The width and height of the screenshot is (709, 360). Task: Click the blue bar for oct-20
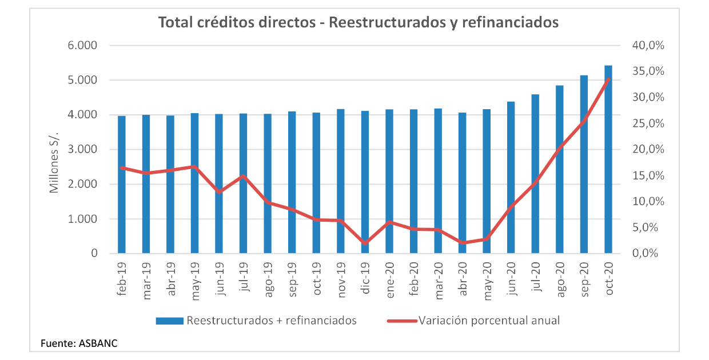click(x=608, y=160)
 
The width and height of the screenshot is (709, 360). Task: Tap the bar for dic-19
click(x=365, y=182)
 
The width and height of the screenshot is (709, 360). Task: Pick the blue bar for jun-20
click(x=511, y=178)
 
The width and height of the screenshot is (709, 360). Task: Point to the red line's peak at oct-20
click(x=608, y=79)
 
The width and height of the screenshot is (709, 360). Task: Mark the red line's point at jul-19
click(x=243, y=176)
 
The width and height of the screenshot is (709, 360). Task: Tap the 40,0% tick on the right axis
click(x=648, y=46)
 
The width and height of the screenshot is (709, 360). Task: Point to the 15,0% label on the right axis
click(x=648, y=176)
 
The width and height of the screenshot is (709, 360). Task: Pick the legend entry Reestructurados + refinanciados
click(x=271, y=321)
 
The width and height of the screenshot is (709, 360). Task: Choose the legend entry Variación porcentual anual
click(x=489, y=321)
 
